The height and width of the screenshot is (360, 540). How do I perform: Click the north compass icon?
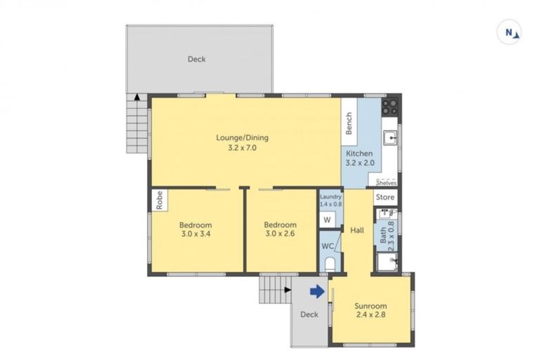(x=508, y=32)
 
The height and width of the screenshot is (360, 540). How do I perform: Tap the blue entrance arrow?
(x=317, y=291)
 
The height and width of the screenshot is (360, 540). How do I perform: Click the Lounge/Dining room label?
(x=242, y=138)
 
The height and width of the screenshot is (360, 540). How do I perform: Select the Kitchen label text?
(x=359, y=154)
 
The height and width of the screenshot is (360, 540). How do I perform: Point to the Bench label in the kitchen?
(x=349, y=123)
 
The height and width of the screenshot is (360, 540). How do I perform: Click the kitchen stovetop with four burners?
(x=390, y=106)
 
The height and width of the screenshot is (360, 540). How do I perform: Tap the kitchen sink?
(x=391, y=138)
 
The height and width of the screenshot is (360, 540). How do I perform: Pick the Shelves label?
(x=386, y=183)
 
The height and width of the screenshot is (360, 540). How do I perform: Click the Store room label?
(x=385, y=198)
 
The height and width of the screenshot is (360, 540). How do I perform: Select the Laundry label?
(x=330, y=197)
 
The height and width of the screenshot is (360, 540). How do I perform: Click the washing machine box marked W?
(x=327, y=219)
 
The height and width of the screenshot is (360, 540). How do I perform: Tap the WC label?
(x=328, y=246)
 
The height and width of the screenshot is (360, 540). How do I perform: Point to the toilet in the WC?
(x=330, y=264)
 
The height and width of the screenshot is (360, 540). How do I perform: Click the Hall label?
(x=357, y=230)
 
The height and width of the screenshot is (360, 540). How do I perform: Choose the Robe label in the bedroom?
(x=160, y=200)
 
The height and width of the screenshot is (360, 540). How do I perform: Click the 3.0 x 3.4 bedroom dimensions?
(x=195, y=234)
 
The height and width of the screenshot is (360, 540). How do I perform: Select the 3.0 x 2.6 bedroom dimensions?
(x=280, y=233)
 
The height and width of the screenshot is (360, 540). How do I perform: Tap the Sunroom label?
(x=371, y=306)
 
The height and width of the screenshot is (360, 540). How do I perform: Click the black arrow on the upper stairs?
(x=137, y=97)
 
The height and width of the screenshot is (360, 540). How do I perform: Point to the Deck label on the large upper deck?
(x=197, y=59)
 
